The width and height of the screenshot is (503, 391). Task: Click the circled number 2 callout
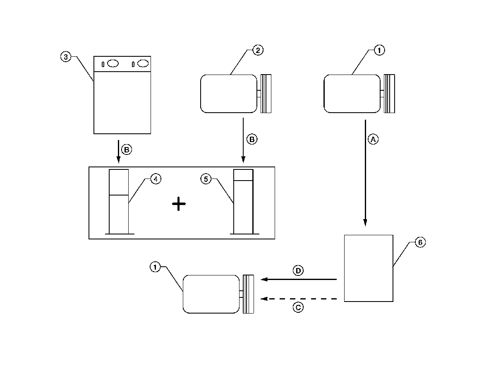click(x=257, y=51)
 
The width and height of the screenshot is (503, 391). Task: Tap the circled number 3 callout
click(x=65, y=57)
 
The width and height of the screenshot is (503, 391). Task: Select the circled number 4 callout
click(x=155, y=179)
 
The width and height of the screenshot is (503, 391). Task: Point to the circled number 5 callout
click(x=206, y=179)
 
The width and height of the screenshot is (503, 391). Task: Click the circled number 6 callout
click(x=419, y=243)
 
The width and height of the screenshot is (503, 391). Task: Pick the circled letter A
click(x=373, y=140)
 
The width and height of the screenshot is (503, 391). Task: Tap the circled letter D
click(x=298, y=271)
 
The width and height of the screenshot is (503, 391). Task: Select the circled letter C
click(x=298, y=307)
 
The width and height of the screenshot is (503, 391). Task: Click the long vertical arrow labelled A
click(x=365, y=174)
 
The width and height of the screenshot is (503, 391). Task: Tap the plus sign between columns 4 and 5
click(x=179, y=204)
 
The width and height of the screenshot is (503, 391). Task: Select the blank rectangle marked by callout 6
click(x=369, y=268)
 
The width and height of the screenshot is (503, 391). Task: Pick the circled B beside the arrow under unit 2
click(x=251, y=140)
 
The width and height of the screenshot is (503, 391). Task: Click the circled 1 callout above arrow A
click(x=379, y=51)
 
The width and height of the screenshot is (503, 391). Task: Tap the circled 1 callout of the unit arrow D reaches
click(x=155, y=268)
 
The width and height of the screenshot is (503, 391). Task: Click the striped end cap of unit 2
click(x=266, y=93)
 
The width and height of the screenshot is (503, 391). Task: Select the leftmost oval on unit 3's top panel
click(x=113, y=63)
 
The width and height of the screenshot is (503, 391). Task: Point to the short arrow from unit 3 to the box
click(x=119, y=151)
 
